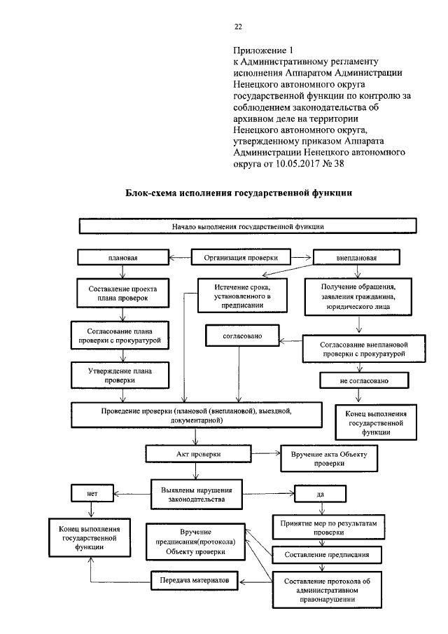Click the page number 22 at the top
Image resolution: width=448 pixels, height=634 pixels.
tap(237, 27)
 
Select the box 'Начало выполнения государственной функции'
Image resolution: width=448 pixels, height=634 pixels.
tap(248, 227)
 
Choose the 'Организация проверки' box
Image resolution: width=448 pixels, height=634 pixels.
tap(241, 258)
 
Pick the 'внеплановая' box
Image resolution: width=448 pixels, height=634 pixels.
tap(355, 258)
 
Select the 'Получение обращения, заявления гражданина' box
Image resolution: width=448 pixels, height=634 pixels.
tap(359, 296)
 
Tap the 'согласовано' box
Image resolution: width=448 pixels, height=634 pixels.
tap(242, 337)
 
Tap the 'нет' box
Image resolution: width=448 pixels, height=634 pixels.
tap(92, 494)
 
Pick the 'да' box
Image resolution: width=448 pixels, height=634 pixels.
tap(319, 494)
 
